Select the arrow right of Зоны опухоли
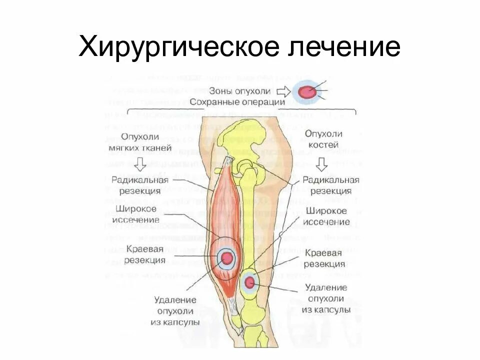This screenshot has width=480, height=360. click(283, 91)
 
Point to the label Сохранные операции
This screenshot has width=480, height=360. click(237, 101)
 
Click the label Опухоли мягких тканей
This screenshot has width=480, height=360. click(139, 141)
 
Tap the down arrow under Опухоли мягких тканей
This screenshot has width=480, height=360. click(140, 163)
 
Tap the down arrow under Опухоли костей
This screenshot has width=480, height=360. click(322, 163)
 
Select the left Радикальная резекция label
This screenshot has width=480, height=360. click(140, 185)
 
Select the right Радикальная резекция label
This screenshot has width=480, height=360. click(330, 185)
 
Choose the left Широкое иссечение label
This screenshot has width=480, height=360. click(136, 214)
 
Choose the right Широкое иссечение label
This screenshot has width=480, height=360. click(327, 216)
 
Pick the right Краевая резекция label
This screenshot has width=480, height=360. click(324, 258)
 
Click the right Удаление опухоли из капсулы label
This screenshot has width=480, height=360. click(325, 298)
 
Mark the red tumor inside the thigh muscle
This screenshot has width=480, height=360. click(227, 257)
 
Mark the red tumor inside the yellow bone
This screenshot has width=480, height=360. click(249, 283)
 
